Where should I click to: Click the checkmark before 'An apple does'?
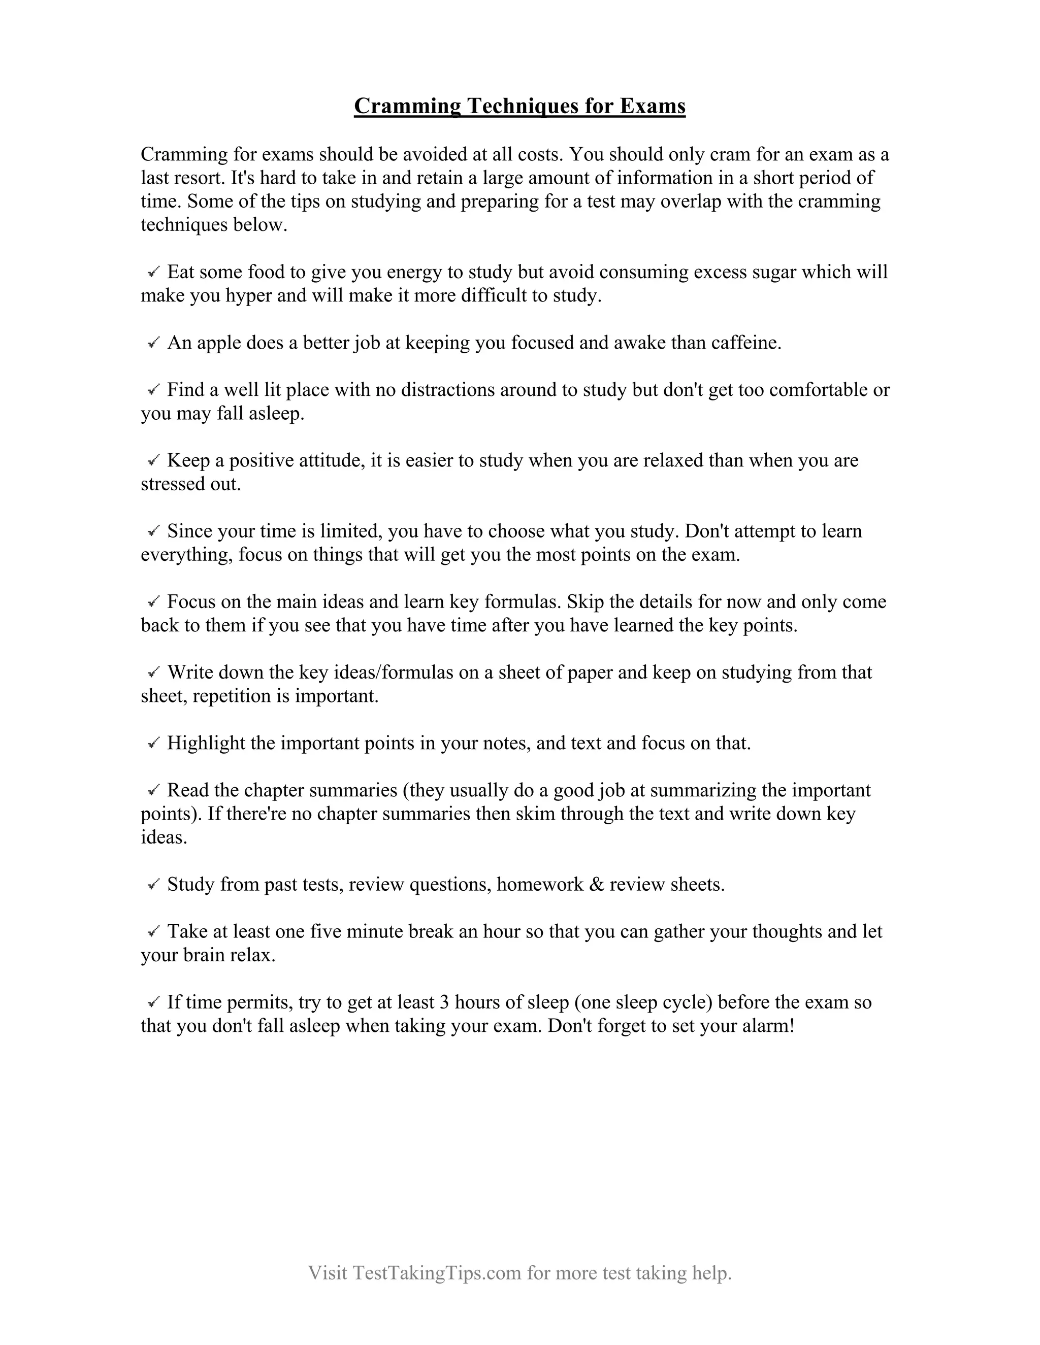point(154,343)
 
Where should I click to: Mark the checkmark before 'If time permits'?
point(154,1002)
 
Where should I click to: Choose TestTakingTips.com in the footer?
point(437,1272)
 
